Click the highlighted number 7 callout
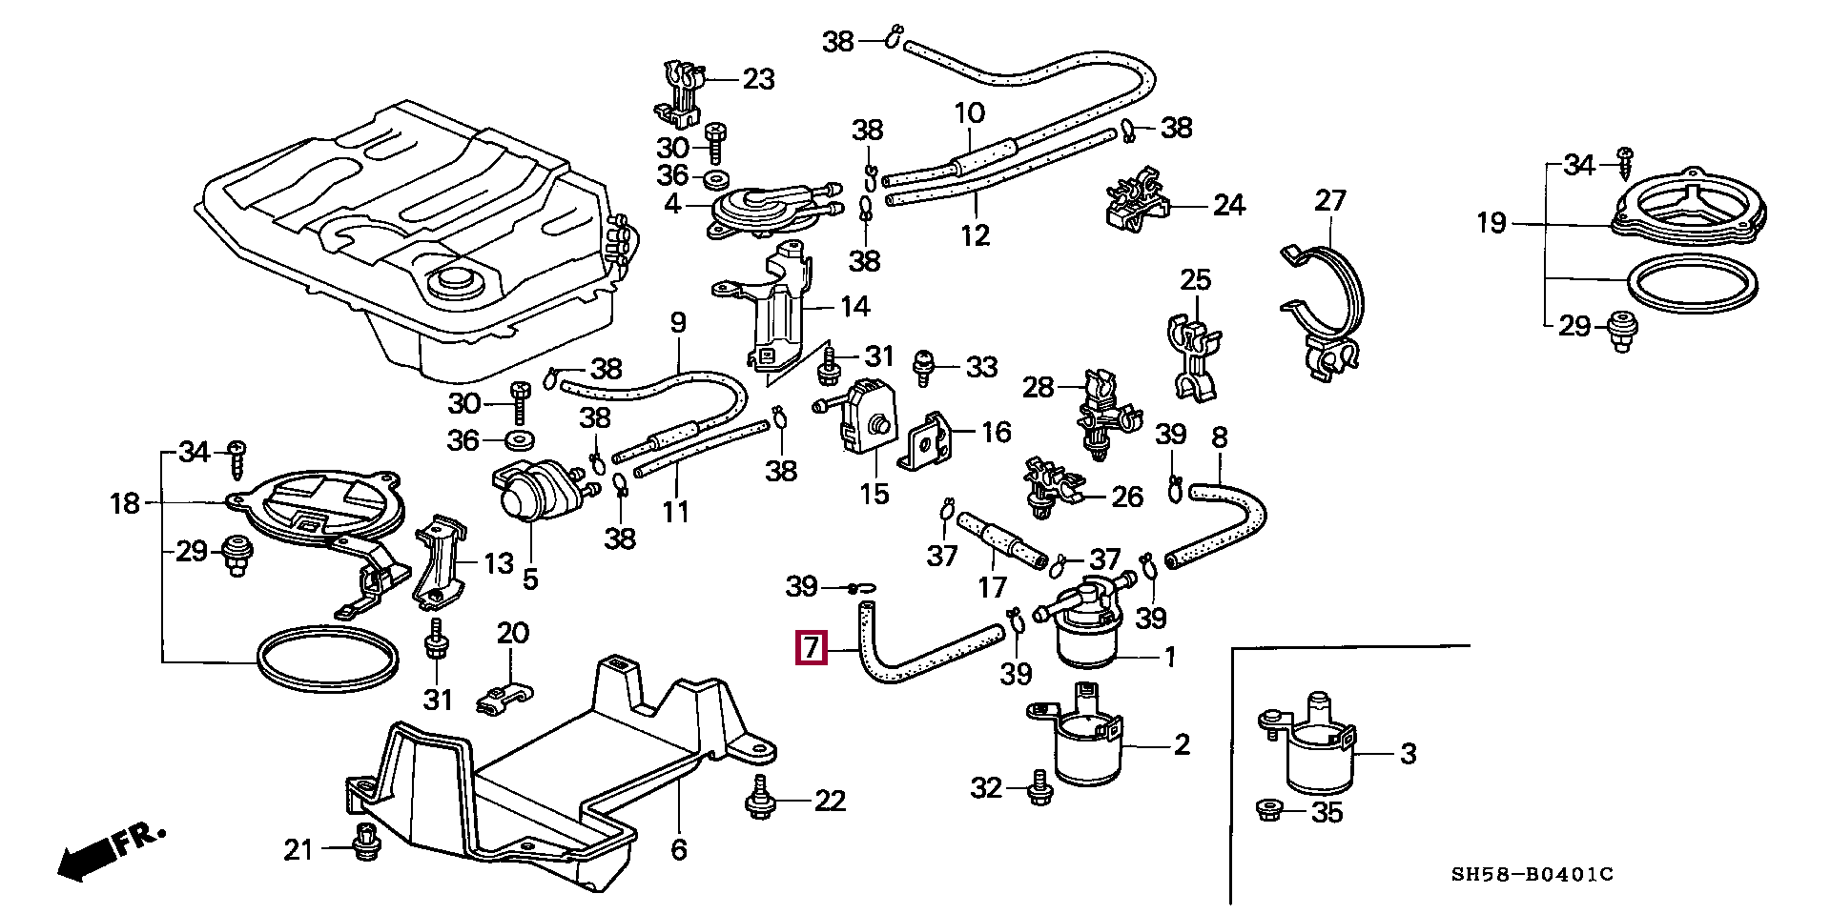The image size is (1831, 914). pyautogui.click(x=810, y=649)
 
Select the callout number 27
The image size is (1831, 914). pyautogui.click(x=1329, y=201)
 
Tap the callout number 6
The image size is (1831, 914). pyautogui.click(x=678, y=849)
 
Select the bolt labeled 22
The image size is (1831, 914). pyautogui.click(x=760, y=800)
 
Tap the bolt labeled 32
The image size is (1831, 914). pyautogui.click(x=1039, y=788)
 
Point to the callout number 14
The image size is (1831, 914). pyautogui.click(x=854, y=307)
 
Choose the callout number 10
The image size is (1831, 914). pyautogui.click(x=969, y=113)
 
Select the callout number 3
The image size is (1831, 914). pyautogui.click(x=1408, y=755)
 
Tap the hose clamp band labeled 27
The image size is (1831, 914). pyautogui.click(x=1326, y=305)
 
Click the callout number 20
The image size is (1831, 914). pyautogui.click(x=511, y=634)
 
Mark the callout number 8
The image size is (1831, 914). pyautogui.click(x=1219, y=437)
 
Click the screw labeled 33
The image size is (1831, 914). pyautogui.click(x=923, y=367)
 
